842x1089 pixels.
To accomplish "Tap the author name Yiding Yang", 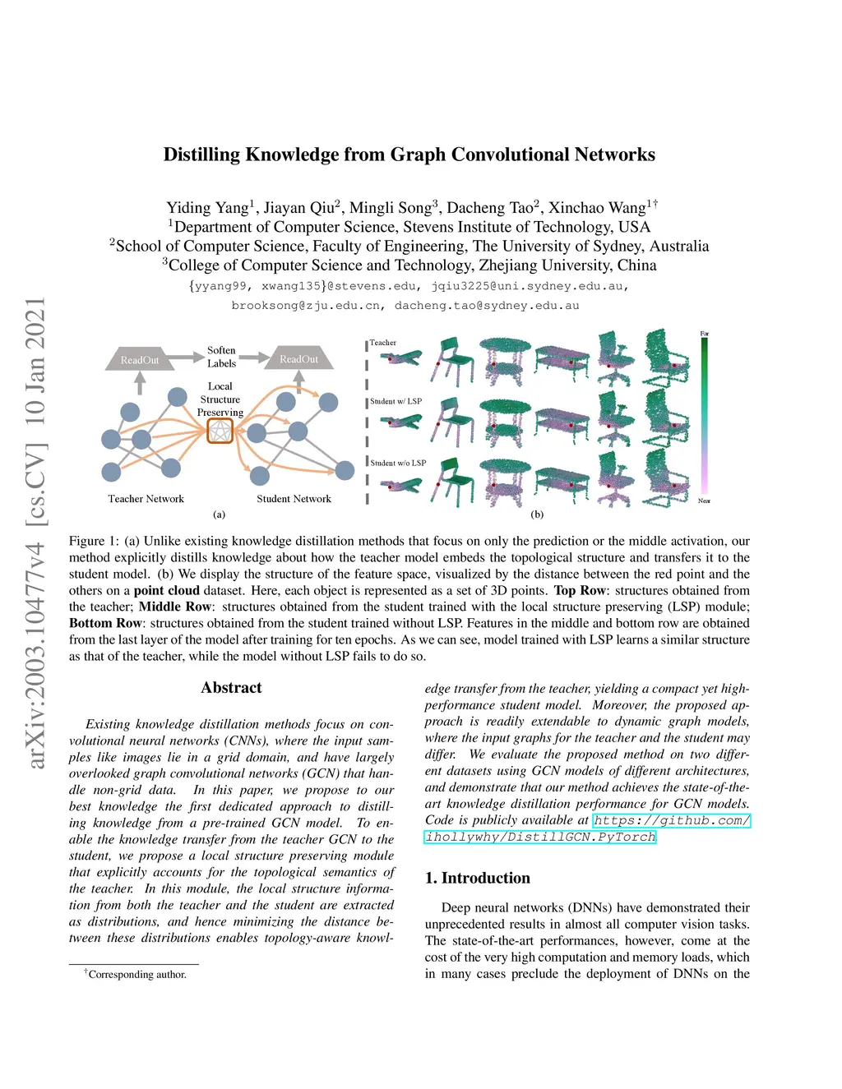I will [209, 208].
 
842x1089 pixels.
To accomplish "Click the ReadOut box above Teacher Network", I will [140, 360].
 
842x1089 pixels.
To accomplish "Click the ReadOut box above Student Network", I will [298, 359].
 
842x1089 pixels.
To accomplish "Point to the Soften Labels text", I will [221, 357].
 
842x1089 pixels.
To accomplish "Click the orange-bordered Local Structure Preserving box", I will [220, 431].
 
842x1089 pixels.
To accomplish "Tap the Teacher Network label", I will [146, 499].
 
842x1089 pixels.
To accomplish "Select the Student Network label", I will [294, 499].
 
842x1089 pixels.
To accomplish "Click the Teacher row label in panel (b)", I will [382, 343].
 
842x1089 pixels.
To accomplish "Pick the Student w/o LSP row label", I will [398, 463].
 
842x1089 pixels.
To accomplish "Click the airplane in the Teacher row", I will [401, 358].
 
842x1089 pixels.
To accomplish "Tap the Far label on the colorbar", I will [704, 334].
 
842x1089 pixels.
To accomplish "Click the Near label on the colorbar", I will [704, 501].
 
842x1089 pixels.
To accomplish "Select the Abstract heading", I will [231, 688].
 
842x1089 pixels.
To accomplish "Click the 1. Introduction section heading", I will [477, 878].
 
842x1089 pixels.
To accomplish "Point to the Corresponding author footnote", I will [136, 975].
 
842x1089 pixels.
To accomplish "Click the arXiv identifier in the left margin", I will [35, 534].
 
